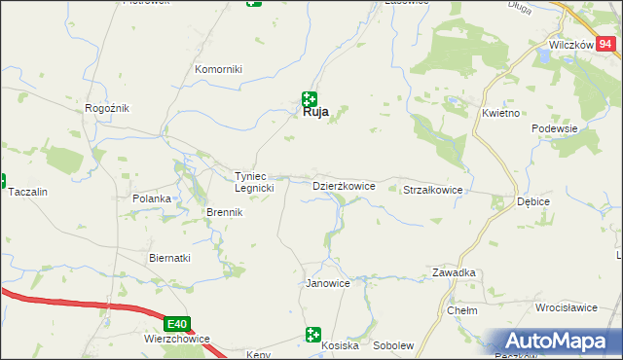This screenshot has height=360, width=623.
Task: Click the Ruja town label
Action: tap(311, 112)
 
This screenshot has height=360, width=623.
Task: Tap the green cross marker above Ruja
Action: tap(310, 97)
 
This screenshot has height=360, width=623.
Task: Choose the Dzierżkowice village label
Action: tap(344, 185)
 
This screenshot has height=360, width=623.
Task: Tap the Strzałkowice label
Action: tap(432, 191)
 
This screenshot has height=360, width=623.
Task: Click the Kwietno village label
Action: tap(501, 113)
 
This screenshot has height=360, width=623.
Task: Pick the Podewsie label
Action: tap(555, 128)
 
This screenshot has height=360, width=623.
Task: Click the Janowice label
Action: tap(328, 283)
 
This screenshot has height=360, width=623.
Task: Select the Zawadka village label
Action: tap(454, 273)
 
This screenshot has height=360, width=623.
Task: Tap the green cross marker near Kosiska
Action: tap(312, 335)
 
